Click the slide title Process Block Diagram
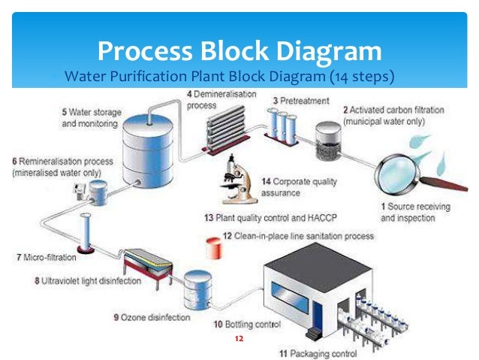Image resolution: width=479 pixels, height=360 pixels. (239, 52)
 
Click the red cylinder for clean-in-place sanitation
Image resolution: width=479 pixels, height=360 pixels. (212, 244)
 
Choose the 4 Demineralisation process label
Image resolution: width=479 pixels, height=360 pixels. (221, 100)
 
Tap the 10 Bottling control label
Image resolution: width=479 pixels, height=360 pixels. (247, 325)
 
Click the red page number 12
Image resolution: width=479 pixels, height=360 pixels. (239, 339)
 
